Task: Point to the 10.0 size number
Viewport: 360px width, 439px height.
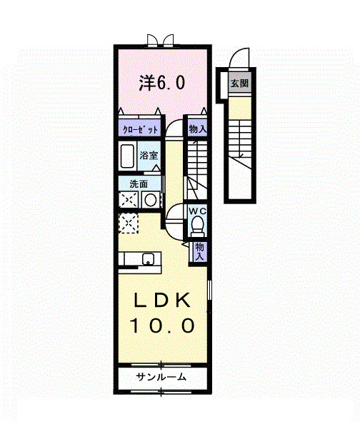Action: point(161,327)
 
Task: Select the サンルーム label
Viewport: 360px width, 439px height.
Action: point(161,378)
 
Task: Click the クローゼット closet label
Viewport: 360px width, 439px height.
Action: point(139,130)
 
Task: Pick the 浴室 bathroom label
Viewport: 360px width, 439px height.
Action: point(149,154)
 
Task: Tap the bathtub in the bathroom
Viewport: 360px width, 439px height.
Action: point(129,157)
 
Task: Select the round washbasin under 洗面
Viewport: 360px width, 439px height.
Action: point(150,201)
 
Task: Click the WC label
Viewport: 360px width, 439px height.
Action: point(197,211)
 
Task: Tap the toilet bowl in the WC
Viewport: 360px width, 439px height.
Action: point(198,227)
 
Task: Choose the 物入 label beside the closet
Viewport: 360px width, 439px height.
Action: point(197,129)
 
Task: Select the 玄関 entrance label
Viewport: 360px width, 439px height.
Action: point(237,83)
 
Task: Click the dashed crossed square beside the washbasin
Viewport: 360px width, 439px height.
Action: point(129,201)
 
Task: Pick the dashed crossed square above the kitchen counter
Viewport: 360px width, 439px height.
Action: point(129,224)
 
